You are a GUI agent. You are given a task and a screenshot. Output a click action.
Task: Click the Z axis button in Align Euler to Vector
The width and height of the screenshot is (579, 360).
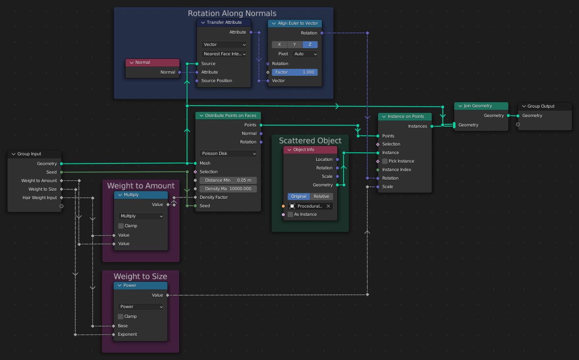pyautogui.click(x=310, y=45)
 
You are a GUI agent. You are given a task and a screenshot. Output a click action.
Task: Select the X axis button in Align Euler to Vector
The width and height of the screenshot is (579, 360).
pyautogui.click(x=279, y=45)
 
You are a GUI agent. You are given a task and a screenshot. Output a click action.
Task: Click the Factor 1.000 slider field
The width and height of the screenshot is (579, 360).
pyautogui.click(x=295, y=72)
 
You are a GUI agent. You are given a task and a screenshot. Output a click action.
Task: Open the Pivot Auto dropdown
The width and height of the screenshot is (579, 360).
pyautogui.click(x=305, y=54)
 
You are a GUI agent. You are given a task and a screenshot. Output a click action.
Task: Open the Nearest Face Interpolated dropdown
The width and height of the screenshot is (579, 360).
pyautogui.click(x=224, y=54)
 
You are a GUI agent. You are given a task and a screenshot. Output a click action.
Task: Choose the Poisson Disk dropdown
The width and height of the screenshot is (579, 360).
pyautogui.click(x=228, y=154)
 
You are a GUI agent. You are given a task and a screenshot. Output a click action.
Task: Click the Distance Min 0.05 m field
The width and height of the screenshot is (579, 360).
pyautogui.click(x=228, y=180)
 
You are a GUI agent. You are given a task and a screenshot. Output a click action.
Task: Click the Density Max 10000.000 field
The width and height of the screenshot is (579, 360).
pyautogui.click(x=228, y=189)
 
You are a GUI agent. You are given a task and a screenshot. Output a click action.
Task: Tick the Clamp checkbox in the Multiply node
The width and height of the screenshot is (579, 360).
pyautogui.click(x=121, y=226)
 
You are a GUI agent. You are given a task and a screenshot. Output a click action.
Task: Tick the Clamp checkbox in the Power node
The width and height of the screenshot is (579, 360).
pyautogui.click(x=120, y=317)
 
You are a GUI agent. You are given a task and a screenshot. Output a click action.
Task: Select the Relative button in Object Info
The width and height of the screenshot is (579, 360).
pyautogui.click(x=321, y=197)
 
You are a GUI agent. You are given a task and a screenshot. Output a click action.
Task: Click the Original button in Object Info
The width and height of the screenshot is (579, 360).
pyautogui.click(x=299, y=197)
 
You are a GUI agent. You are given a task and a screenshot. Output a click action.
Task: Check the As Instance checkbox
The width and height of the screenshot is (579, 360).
pyautogui.click(x=290, y=214)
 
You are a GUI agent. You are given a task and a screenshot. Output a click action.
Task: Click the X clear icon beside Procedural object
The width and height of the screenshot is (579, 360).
pyautogui.click(x=328, y=206)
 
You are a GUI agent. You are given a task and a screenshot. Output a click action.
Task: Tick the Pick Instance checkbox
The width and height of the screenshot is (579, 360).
pyautogui.click(x=385, y=161)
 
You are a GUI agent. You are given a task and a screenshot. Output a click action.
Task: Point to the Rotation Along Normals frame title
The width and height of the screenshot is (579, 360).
pyautogui.click(x=232, y=14)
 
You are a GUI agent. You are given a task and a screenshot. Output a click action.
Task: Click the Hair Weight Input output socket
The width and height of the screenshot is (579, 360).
pyautogui.click(x=61, y=198)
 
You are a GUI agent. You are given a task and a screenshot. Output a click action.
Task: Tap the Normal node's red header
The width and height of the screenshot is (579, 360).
pyautogui.click(x=152, y=63)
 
